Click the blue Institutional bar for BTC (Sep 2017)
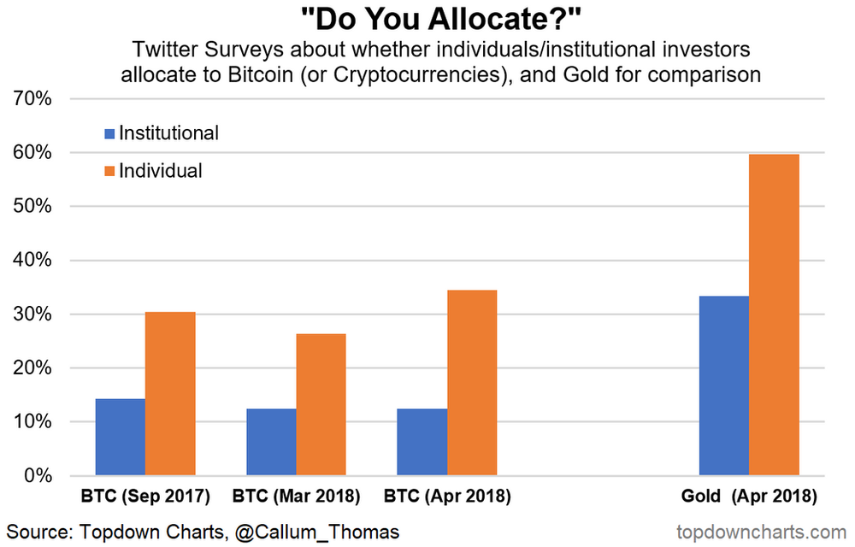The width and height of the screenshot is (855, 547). coord(120,437)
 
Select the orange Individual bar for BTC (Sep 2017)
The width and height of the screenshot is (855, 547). coord(170,393)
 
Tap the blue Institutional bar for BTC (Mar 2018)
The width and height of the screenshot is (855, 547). coord(271,442)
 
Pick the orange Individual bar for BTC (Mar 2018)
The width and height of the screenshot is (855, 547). coord(321,404)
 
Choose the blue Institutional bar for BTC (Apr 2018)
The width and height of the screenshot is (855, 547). coord(422,442)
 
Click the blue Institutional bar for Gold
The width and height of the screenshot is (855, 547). coord(724,385)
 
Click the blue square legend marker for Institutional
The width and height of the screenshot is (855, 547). coord(109,134)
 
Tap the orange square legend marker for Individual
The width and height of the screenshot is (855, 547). coord(109,172)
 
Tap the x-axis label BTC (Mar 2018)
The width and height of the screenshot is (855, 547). coord(296,496)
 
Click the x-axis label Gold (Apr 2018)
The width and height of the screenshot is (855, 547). coord(749,496)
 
